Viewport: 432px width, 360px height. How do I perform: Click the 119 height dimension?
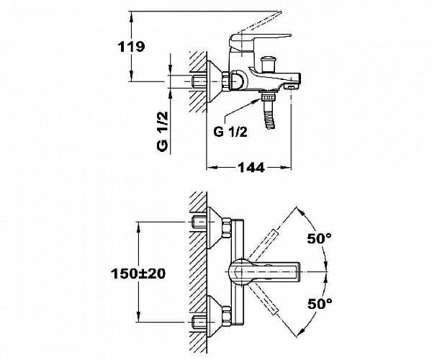pos(131,47)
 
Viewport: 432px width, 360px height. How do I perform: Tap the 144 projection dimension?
pos(251,167)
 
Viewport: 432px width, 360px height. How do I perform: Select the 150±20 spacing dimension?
pos(138,274)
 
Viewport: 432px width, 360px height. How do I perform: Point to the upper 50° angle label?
pos(320,238)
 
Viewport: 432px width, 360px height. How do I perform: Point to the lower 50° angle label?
pos(320,304)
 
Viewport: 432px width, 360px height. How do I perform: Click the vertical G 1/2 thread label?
pos(163,131)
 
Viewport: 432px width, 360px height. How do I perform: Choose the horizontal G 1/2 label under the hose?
pos(230,132)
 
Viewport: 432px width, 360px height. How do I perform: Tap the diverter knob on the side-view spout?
pos(269,63)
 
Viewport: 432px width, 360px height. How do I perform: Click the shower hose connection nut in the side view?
pos(269,97)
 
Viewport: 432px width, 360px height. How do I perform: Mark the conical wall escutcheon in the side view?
pos(214,81)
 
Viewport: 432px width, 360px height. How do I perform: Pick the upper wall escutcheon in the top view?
pos(214,228)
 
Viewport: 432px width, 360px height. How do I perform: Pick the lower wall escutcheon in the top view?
pos(214,317)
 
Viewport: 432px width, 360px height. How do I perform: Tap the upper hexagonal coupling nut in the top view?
pos(227,228)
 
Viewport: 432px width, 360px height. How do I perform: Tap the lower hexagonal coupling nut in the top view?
pos(227,317)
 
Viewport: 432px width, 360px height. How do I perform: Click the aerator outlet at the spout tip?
pos(291,87)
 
